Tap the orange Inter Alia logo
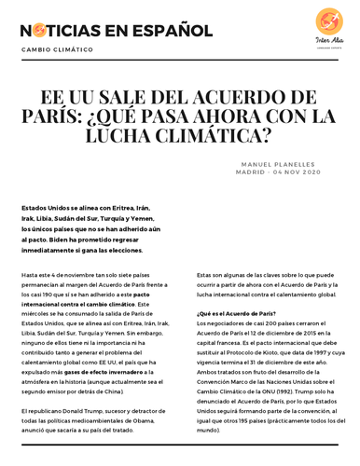pyautogui.click(x=329, y=21)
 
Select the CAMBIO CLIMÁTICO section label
pyautogui.click(x=58, y=49)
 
